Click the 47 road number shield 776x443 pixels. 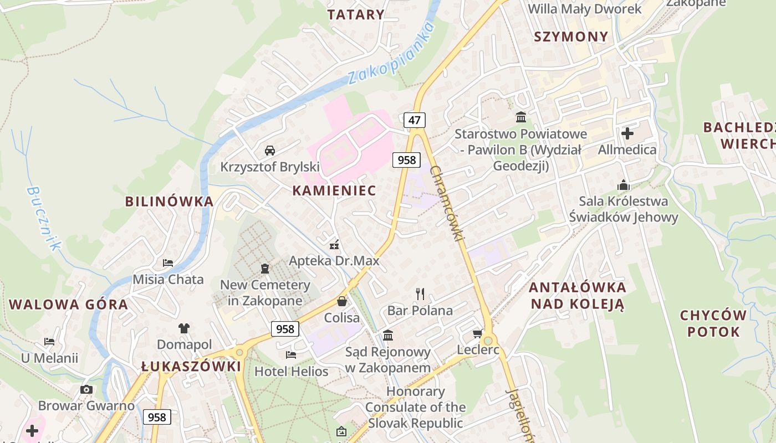click(415, 120)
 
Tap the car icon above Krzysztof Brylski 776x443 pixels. click(270, 150)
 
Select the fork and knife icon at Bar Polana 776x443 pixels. click(420, 294)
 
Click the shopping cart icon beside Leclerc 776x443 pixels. click(477, 333)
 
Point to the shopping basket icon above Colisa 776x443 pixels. click(342, 302)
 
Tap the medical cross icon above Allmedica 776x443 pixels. click(627, 133)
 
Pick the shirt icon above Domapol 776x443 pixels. click(184, 328)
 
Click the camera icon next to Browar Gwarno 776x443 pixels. click(86, 389)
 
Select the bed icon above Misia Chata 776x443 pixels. click(168, 263)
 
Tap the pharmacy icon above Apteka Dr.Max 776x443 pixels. click(334, 244)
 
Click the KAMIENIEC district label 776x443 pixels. click(334, 190)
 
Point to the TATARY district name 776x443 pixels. click(356, 15)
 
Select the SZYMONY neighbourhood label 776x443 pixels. click(571, 37)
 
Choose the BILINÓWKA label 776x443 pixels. click(169, 202)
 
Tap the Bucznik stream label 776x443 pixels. click(42, 218)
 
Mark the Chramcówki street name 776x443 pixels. click(447, 204)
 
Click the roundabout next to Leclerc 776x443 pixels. click(488, 340)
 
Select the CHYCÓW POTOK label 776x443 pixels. click(713, 323)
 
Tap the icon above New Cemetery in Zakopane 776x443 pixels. click(265, 269)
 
